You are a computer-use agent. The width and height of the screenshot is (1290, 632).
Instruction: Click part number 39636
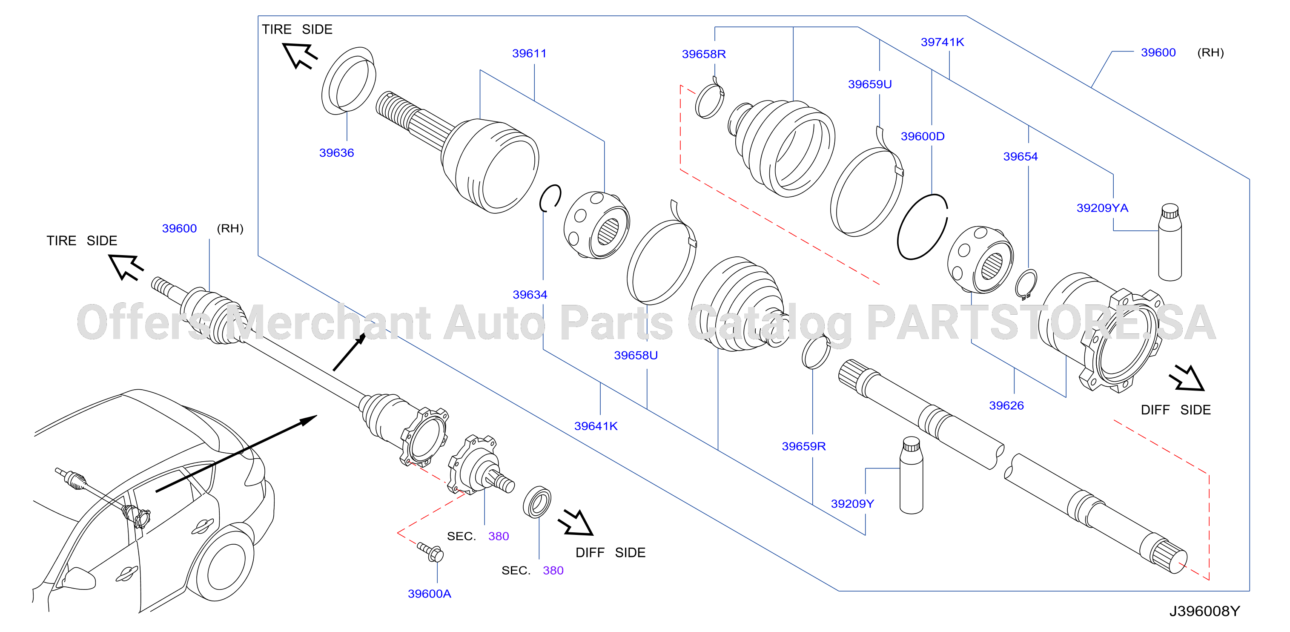[336, 153]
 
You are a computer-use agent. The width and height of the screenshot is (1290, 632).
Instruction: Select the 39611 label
[529, 53]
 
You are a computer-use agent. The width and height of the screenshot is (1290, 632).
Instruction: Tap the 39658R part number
[704, 54]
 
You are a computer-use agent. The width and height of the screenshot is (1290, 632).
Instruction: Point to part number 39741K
[943, 42]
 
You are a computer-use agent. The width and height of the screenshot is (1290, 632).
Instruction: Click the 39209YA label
[1102, 208]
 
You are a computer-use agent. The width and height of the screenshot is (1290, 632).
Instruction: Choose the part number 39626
[1006, 405]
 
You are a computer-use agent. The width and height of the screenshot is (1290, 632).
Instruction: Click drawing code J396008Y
[1204, 611]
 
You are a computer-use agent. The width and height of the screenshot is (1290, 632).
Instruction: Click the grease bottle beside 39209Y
[911, 475]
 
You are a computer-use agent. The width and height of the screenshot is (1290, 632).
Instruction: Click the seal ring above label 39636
[349, 80]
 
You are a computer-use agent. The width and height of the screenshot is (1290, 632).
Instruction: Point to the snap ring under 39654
[1026, 284]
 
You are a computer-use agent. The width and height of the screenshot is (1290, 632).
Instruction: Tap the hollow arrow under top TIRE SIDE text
[299, 55]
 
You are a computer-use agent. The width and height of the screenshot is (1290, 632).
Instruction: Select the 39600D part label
[923, 136]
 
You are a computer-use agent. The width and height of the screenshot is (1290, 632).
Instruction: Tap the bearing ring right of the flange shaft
[537, 502]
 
